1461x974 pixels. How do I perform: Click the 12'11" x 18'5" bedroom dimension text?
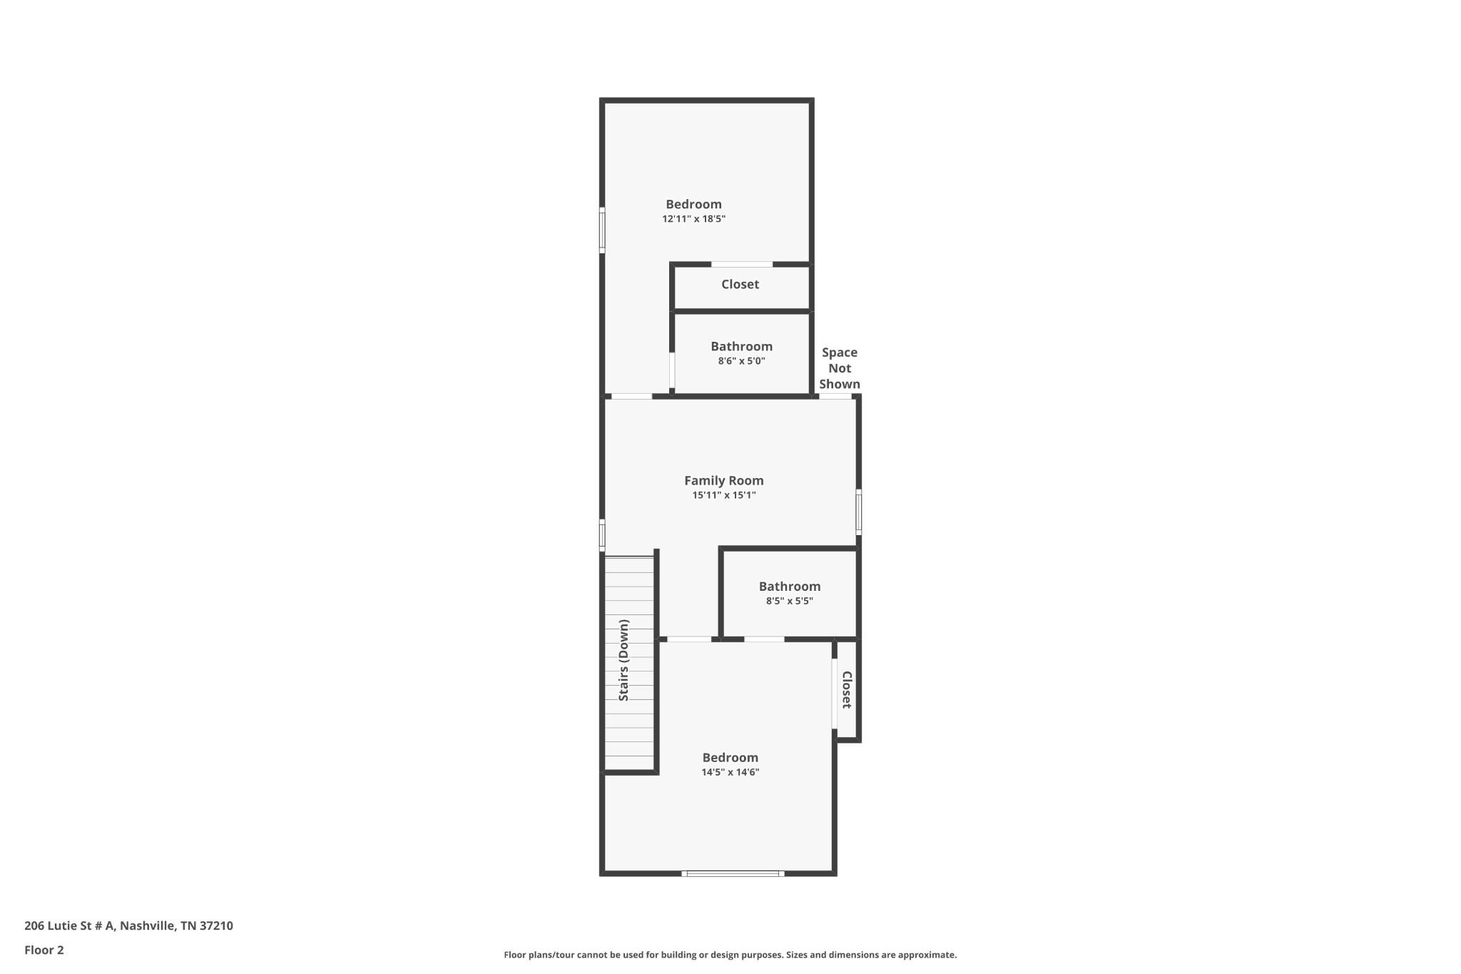point(693,219)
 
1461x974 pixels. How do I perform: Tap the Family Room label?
point(724,481)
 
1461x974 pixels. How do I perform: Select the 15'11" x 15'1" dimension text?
point(724,495)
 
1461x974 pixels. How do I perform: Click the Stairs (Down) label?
point(624,660)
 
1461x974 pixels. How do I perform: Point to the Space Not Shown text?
point(840,368)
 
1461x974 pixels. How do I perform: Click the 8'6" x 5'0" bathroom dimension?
point(742,361)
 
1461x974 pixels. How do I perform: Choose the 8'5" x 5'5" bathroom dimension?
point(790,601)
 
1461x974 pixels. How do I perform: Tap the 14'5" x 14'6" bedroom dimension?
point(730,772)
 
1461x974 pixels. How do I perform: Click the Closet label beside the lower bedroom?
point(847,690)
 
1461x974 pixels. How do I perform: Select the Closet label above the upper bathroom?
point(740,284)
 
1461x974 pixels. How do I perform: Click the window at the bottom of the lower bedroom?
point(733,873)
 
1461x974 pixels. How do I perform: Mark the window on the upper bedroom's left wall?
point(602,230)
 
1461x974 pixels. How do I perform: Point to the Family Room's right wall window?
point(859,512)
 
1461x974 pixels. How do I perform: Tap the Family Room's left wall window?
point(602,535)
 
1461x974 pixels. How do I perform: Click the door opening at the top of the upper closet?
point(742,265)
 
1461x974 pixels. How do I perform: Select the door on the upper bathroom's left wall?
point(672,370)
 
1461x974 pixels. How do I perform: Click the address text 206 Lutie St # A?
point(69,925)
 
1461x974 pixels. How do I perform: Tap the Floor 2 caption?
point(44,950)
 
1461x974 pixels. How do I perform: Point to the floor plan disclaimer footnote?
point(730,955)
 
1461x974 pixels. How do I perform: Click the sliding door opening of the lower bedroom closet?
point(834,694)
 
